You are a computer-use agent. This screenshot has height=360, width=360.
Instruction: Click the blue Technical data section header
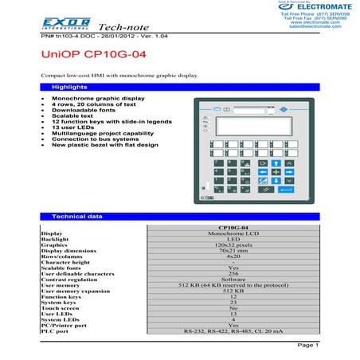[76, 216]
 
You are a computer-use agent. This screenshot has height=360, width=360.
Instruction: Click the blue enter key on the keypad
[266, 189]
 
